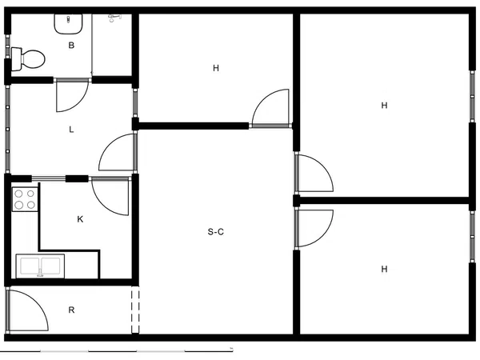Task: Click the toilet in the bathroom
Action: click(28, 58)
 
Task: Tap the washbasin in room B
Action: click(68, 23)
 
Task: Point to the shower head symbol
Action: click(114, 18)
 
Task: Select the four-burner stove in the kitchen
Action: click(25, 199)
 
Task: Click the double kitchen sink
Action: click(40, 266)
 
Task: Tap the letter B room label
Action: click(71, 46)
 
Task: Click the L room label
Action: click(71, 130)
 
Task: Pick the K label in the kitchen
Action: click(80, 219)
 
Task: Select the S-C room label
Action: click(216, 232)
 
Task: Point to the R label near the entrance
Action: click(71, 310)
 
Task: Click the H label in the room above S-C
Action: click(216, 68)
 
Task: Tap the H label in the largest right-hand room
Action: click(384, 106)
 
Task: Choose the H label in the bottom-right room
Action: click(384, 269)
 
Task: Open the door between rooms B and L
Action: click(73, 95)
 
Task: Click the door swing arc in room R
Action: click(27, 310)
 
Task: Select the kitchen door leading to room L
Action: click(110, 196)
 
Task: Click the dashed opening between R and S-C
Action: click(135, 310)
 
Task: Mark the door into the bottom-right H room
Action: click(314, 228)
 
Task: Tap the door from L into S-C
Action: click(118, 152)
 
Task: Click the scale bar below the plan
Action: click(116, 351)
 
